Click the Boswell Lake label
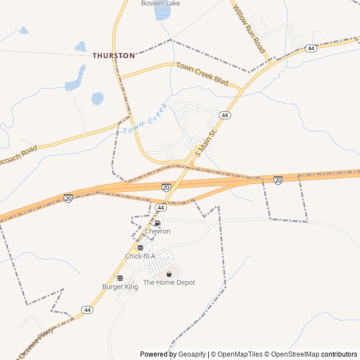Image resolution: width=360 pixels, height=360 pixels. (160, 3)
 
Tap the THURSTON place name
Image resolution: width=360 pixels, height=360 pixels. (114, 56)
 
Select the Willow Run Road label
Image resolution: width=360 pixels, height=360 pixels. (248, 29)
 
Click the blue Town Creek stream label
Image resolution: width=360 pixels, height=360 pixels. (145, 119)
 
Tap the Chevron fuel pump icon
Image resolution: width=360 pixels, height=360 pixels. (157, 223)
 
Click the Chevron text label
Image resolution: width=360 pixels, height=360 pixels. (157, 231)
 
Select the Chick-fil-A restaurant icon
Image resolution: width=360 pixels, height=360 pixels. (140, 247)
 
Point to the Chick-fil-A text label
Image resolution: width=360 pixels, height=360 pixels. (140, 256)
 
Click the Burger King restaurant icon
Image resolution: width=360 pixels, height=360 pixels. (120, 278)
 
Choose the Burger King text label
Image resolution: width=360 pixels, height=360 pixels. (120, 287)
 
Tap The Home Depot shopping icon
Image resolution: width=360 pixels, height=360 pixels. (169, 274)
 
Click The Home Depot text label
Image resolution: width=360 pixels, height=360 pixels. (169, 282)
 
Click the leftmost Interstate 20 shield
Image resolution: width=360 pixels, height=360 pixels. (68, 198)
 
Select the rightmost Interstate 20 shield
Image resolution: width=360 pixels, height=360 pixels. (278, 180)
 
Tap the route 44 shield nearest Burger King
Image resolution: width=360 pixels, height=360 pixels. (87, 310)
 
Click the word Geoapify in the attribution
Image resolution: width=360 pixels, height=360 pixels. (192, 354)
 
